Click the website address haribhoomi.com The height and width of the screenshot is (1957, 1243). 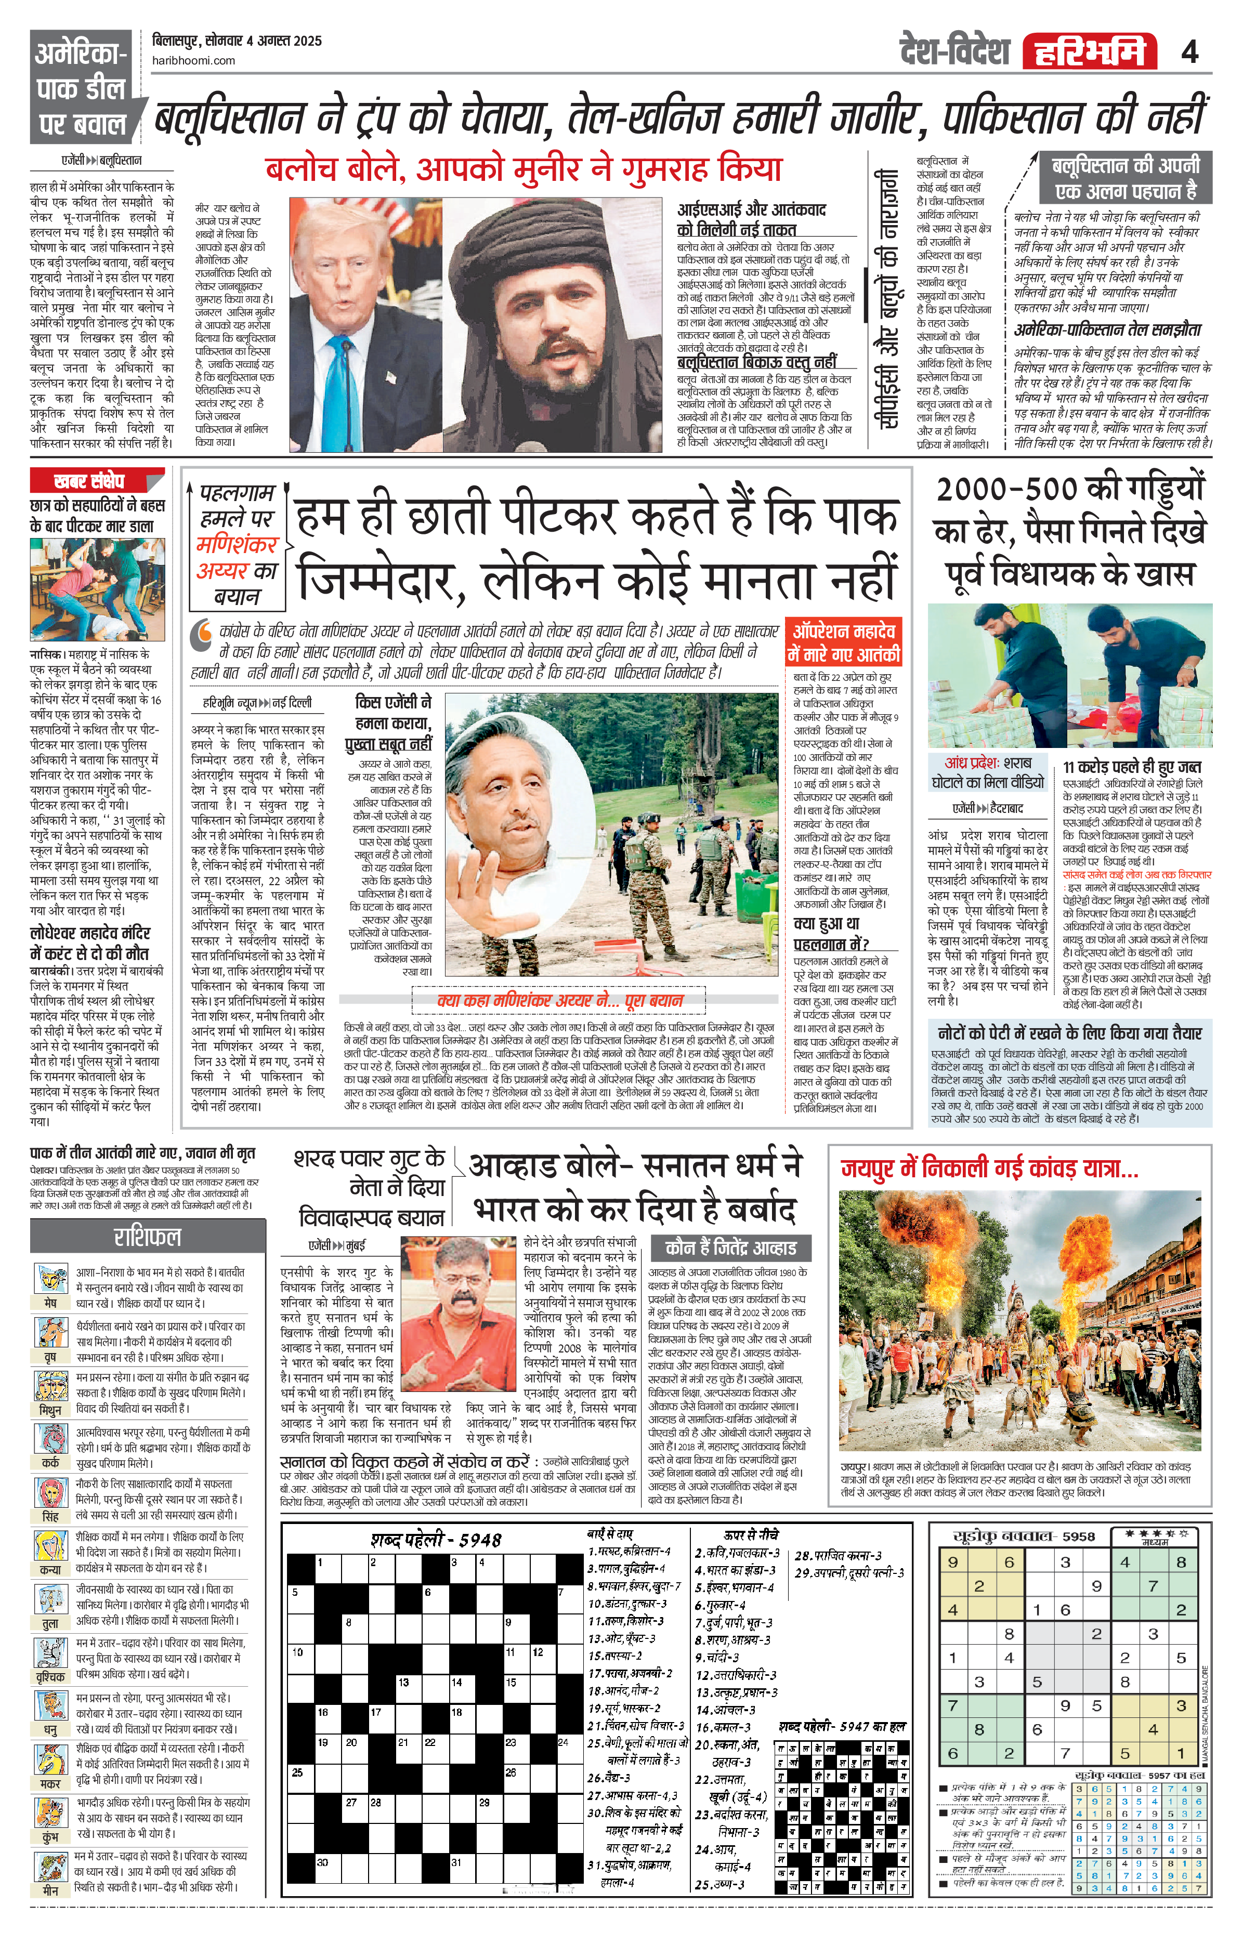(193, 60)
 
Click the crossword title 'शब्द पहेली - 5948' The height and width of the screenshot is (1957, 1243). (436, 1539)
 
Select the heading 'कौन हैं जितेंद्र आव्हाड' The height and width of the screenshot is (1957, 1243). (730, 1249)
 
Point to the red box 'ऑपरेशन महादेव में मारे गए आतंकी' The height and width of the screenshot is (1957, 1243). (843, 643)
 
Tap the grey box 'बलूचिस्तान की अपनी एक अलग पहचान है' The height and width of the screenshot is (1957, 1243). (1125, 178)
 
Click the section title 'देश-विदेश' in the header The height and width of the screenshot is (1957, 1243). (954, 51)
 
